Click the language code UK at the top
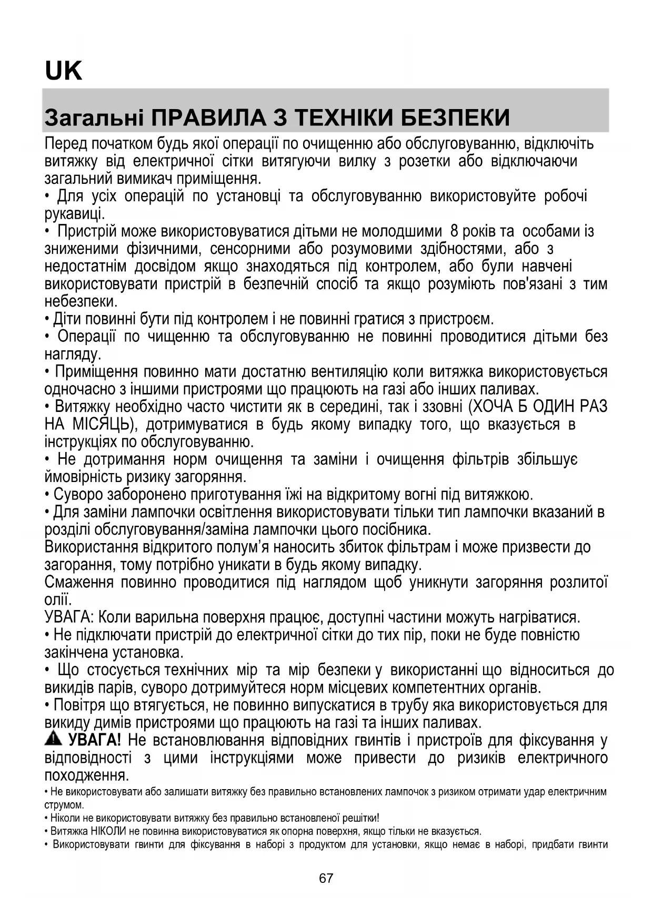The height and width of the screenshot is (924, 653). coord(64,71)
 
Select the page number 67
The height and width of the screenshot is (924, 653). coord(326,878)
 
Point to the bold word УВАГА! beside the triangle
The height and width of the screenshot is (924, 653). coord(95,740)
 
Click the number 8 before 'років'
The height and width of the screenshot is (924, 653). coord(454,231)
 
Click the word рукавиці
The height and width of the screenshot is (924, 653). coord(74,214)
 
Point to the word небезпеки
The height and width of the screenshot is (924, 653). coord(81,302)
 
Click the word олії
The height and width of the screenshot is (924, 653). coord(57,600)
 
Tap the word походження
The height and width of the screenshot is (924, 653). coord(86,775)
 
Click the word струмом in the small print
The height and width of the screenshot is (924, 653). coord(64,805)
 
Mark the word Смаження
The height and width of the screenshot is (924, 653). coord(79,583)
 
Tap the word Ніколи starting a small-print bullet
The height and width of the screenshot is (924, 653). coord(64,818)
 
